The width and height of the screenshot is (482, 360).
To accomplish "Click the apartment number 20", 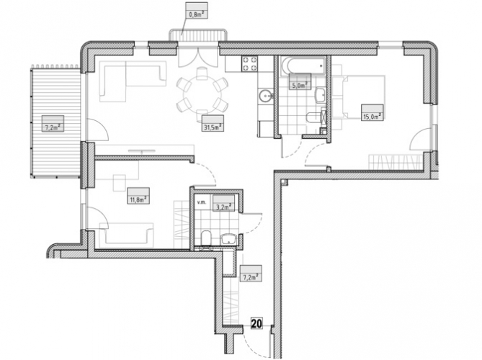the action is coord(256,323).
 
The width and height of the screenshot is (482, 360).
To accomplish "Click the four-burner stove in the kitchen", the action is coord(249,63).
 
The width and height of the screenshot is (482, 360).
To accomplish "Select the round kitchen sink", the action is coord(266,96).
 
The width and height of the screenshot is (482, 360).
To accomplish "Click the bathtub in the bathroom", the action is coord(304,66).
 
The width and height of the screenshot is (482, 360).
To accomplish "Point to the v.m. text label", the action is coord(201,202).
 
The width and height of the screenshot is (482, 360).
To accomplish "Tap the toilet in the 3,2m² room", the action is coord(205,238).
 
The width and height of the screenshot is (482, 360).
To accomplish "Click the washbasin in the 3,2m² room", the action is coord(228,238).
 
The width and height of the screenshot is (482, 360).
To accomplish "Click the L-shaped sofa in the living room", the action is coord(133,81).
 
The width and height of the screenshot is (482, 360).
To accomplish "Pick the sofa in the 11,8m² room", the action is coord(127,235).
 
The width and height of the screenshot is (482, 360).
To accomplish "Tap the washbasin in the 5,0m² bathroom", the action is coord(321,95).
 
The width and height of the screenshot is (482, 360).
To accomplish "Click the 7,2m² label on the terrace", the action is coord(53,124).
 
